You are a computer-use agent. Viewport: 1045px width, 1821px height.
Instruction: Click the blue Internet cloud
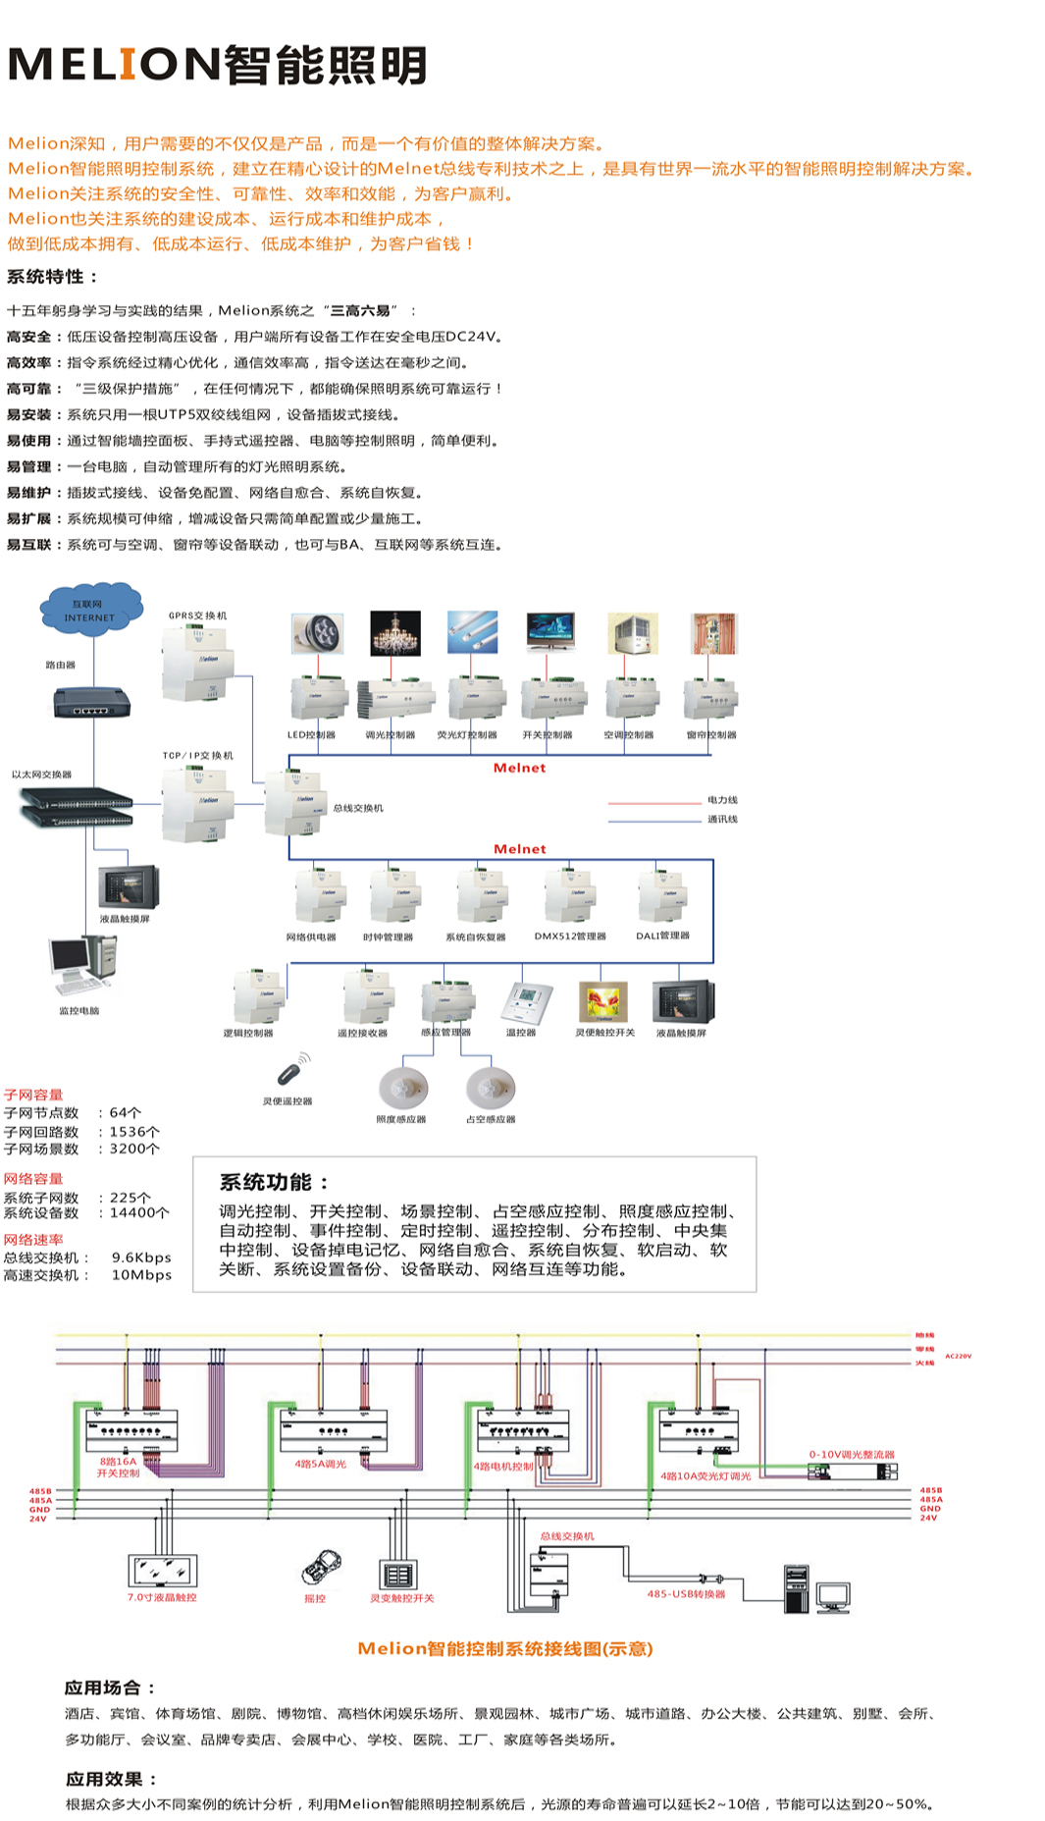91,609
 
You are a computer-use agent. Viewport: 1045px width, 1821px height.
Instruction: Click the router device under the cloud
91,702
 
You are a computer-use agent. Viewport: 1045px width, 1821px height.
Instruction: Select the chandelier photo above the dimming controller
395,633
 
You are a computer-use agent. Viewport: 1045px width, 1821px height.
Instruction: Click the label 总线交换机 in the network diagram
358,808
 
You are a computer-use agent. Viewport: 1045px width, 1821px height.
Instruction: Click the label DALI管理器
662,936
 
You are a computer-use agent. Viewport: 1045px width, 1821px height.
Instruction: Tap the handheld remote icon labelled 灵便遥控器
292,1070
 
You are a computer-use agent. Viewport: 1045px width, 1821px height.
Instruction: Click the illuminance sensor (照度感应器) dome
402,1088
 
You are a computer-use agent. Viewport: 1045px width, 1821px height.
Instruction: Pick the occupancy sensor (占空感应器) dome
490,1088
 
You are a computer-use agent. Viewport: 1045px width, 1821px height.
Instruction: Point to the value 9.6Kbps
141,1258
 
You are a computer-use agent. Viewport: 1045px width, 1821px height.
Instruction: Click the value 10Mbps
141,1275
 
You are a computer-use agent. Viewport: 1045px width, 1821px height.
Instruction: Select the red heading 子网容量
33,1095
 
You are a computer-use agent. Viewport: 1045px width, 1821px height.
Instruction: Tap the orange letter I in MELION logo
128,65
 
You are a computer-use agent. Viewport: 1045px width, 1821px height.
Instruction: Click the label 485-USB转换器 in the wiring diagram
686,1594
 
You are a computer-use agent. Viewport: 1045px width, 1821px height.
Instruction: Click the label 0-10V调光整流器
851,1454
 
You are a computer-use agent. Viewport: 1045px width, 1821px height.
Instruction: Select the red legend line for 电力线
654,803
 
